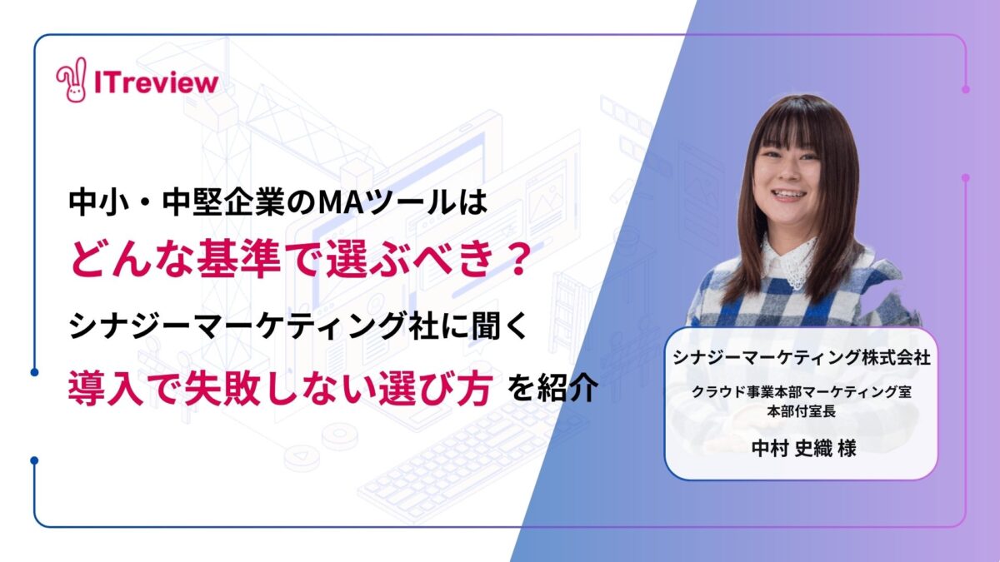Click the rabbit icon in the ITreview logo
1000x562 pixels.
coord(72,80)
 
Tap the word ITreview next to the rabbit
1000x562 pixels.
coord(157,83)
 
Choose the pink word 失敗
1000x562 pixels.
coord(222,388)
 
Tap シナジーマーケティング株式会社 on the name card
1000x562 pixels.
coord(802,358)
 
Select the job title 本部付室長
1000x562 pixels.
coord(802,411)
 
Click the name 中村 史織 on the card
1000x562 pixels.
coord(792,448)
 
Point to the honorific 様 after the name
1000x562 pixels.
coord(847,448)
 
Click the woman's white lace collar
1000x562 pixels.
coord(792,263)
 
